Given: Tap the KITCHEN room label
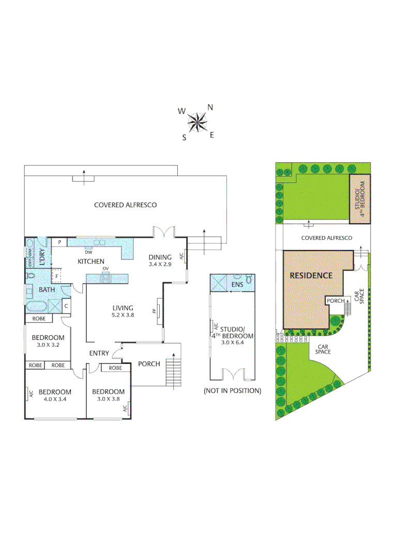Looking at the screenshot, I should click(x=91, y=261).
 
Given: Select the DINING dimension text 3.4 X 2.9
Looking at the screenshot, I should click(x=160, y=264).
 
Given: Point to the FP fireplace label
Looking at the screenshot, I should click(x=154, y=311).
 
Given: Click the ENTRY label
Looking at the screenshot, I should click(x=99, y=353).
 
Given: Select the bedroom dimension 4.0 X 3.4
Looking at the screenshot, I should click(x=55, y=399).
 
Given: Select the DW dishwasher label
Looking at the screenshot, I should click(x=88, y=253).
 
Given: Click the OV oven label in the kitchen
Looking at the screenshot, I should click(x=105, y=269).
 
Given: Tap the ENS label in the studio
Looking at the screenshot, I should click(x=237, y=285).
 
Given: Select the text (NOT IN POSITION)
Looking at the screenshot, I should click(x=232, y=391).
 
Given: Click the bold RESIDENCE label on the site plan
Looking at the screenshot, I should click(x=310, y=275).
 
